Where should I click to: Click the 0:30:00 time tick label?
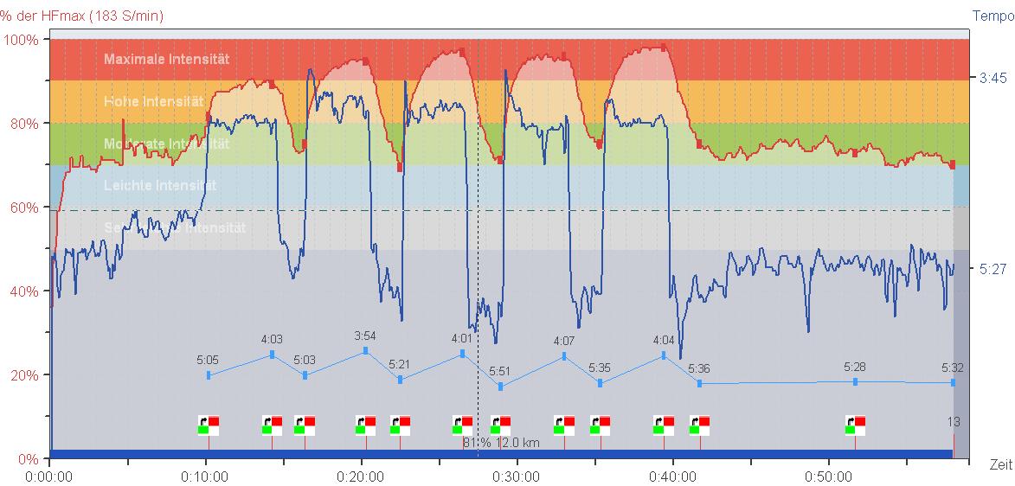pyautogui.click(x=517, y=476)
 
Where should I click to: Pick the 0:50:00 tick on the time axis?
pyautogui.click(x=828, y=476)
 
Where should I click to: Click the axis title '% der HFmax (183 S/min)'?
pyautogui.click(x=82, y=16)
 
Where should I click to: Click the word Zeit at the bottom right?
pyautogui.click(x=1000, y=465)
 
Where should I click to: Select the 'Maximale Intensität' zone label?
pyautogui.click(x=166, y=60)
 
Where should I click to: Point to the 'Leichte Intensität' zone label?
pyautogui.click(x=159, y=185)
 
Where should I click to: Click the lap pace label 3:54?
pyautogui.click(x=365, y=336)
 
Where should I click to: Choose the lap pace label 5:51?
pyautogui.click(x=500, y=371)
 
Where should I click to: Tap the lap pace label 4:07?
pyautogui.click(x=564, y=341)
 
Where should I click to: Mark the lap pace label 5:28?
pyautogui.click(x=855, y=367)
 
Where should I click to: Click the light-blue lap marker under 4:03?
pyautogui.click(x=273, y=354)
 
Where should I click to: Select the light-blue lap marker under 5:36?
pyautogui.click(x=699, y=383)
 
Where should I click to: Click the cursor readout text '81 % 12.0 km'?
pyautogui.click(x=501, y=443)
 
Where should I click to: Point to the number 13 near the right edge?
pyautogui.click(x=953, y=422)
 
